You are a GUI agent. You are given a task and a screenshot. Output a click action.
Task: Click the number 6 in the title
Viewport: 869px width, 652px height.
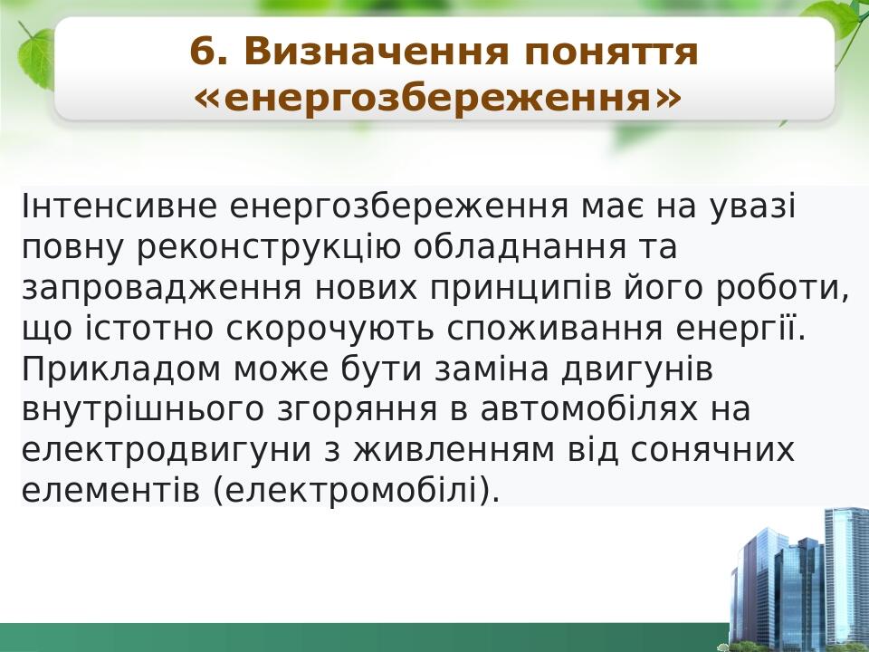point(204,53)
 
